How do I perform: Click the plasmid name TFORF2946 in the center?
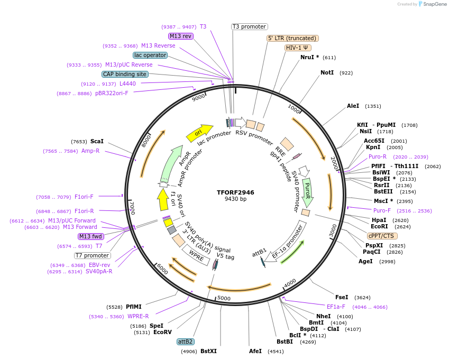coord(235,192)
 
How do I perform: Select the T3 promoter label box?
coord(250,27)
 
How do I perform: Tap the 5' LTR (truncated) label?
coord(292,38)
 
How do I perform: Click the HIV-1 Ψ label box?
coord(298,48)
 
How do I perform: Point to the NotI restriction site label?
coord(327,72)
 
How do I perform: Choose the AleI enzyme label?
coord(353,106)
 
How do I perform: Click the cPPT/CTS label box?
coord(381,236)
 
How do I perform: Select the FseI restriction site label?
coord(342,297)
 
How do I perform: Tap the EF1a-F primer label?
coord(336,307)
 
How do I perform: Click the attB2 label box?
coord(185,341)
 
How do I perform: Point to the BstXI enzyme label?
coord(208,351)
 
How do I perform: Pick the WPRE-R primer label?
coord(138,317)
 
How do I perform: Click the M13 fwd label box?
coord(91,236)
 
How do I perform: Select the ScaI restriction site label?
coord(97,142)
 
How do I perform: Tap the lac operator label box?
coord(150,55)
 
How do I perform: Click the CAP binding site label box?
coord(125,75)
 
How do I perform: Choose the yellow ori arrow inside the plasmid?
coord(199,133)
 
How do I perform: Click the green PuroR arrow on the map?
coord(307,192)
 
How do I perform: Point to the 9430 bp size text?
coord(235,199)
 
